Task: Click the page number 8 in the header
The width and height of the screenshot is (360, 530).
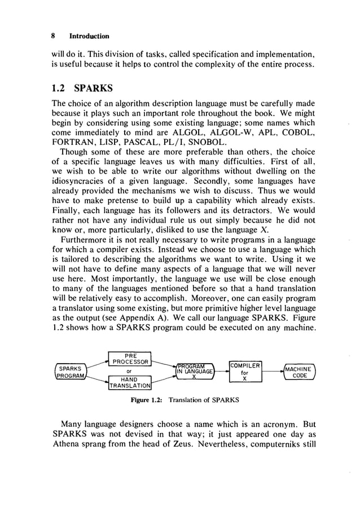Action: tap(52, 35)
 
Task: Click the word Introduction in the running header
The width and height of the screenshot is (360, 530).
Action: tap(89, 35)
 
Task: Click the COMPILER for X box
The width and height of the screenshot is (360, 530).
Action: tap(245, 370)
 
